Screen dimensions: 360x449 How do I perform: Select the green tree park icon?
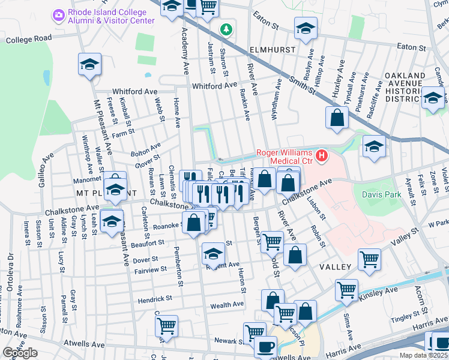pyautogui.click(x=226, y=29)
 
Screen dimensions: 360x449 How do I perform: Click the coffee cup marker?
pyautogui.click(x=265, y=346)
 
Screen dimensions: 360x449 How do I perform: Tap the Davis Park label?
pyautogui.click(x=380, y=194)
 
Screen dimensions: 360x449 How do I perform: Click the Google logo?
pyautogui.click(x=20, y=353)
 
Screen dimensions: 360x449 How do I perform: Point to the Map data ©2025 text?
pyautogui.click(x=423, y=355)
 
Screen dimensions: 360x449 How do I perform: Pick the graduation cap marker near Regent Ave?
pyautogui.click(x=213, y=254)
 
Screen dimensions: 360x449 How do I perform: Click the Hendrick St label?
pyautogui.click(x=154, y=298)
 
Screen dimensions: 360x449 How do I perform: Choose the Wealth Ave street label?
pyautogui.click(x=227, y=305)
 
